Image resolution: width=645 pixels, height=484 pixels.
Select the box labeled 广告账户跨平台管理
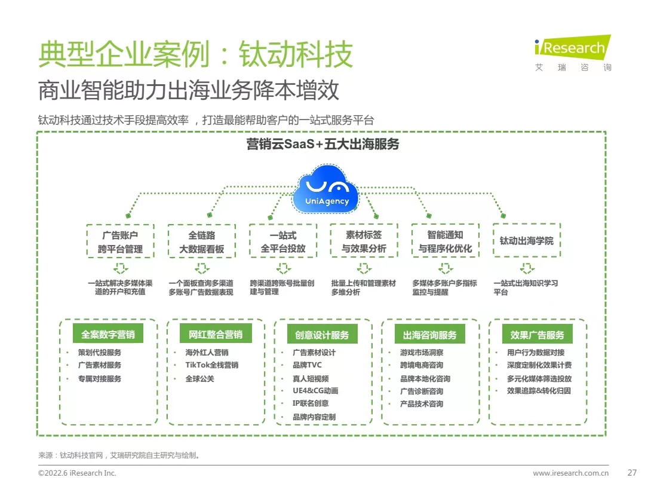click(x=121, y=241)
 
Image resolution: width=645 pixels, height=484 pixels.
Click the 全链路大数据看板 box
click(x=202, y=241)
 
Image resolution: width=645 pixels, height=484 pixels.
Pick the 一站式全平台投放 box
click(x=283, y=241)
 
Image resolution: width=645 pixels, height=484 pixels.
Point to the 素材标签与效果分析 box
click(x=364, y=241)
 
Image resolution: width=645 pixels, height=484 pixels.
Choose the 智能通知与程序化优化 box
click(x=445, y=241)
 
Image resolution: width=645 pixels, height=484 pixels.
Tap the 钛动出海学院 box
click(x=526, y=241)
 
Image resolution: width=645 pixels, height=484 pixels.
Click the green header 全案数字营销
click(x=108, y=335)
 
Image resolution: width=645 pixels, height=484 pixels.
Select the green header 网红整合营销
click(x=216, y=335)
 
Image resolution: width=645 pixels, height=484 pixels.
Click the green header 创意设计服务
click(x=322, y=335)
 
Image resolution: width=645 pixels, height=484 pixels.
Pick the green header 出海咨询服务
click(x=429, y=335)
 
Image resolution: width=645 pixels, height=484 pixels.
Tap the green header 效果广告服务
click(x=537, y=335)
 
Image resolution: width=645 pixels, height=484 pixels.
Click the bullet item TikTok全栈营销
click(x=211, y=365)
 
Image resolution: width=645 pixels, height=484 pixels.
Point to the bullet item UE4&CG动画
click(x=315, y=391)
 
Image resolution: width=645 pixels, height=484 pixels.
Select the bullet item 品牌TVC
click(x=307, y=365)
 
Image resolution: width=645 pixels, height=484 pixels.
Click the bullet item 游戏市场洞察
click(x=422, y=353)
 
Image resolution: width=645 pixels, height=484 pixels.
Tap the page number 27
click(x=632, y=473)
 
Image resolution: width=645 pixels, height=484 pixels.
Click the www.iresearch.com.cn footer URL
click(x=570, y=473)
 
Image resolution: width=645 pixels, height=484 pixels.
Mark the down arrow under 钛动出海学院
click(x=526, y=268)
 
